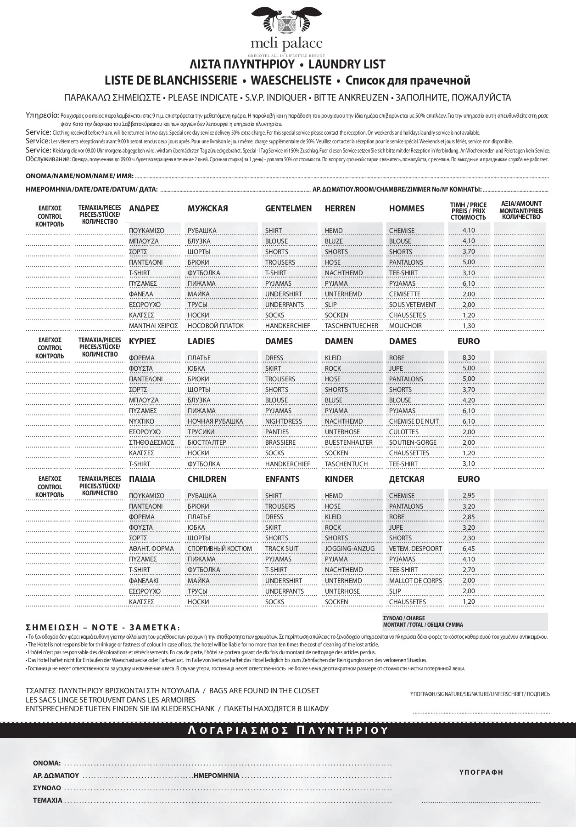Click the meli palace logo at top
(287, 30)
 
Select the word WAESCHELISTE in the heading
(291, 80)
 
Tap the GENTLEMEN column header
(288, 209)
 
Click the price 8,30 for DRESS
(469, 357)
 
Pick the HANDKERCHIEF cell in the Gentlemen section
(287, 326)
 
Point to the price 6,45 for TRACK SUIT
(469, 549)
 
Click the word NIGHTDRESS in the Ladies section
(284, 421)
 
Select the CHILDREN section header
(207, 479)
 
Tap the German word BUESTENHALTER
(348, 442)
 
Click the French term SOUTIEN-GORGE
(413, 442)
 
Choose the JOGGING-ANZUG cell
(349, 549)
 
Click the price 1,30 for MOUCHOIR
(469, 326)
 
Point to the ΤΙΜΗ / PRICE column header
(468, 211)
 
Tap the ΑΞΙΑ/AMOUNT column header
(521, 210)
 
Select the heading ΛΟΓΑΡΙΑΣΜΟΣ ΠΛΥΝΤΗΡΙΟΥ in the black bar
(288, 731)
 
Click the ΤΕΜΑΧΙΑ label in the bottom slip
(47, 800)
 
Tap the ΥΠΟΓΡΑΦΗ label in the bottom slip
(481, 772)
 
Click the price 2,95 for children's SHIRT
(469, 495)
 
